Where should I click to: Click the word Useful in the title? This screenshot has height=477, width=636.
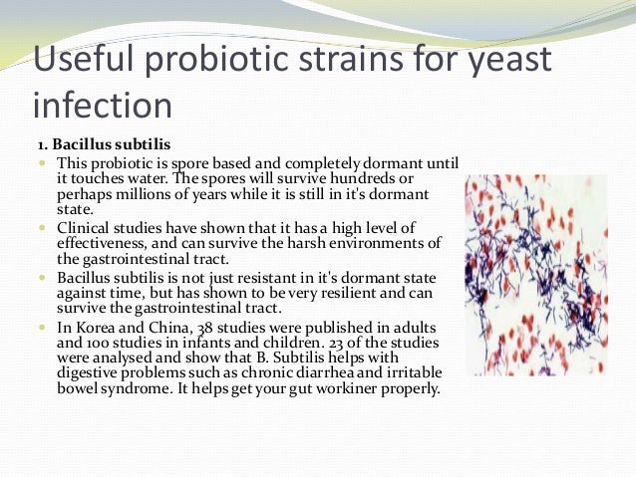pyautogui.click(x=83, y=59)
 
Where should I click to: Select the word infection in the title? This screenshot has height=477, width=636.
pyautogui.click(x=103, y=105)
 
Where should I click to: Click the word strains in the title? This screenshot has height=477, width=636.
pyautogui.click(x=351, y=59)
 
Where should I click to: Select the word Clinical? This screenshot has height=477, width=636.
pyautogui.click(x=83, y=227)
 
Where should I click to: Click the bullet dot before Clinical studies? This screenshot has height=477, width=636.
pyautogui.click(x=43, y=227)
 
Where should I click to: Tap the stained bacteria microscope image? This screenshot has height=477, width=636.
pyautogui.click(x=536, y=275)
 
